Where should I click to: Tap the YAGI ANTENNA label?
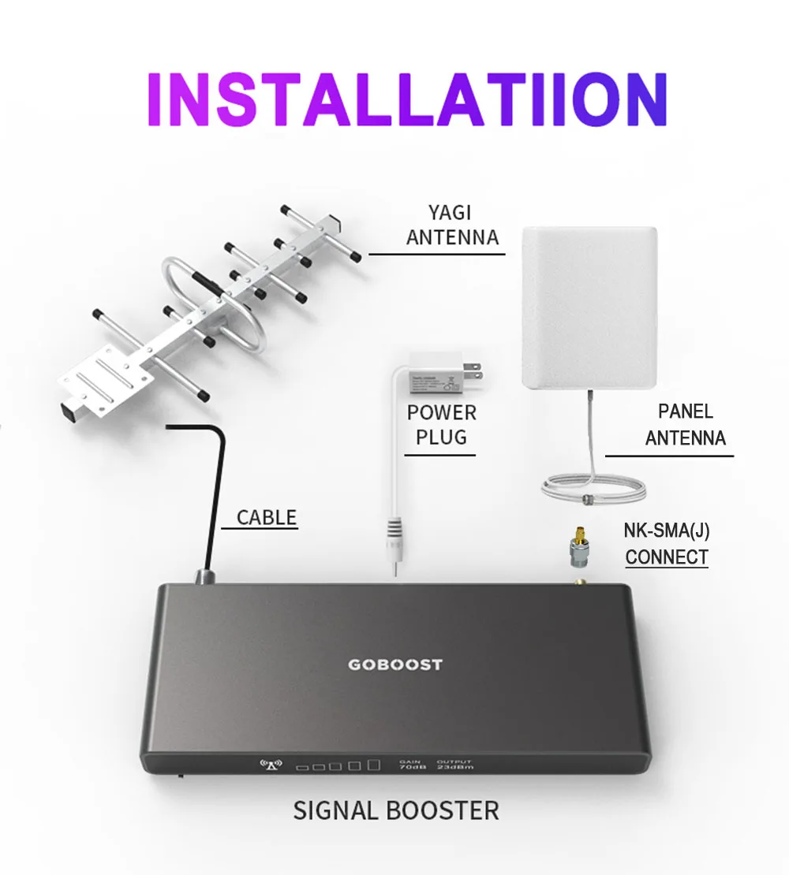(452, 225)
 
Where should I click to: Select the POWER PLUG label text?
(441, 424)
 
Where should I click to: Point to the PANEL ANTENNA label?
(685, 424)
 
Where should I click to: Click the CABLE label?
(267, 518)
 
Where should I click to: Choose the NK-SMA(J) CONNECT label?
(666, 544)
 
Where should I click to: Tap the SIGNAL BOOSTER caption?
(396, 810)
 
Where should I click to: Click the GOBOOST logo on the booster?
(395, 665)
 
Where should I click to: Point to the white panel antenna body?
(589, 307)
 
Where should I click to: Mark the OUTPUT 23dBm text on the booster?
(454, 764)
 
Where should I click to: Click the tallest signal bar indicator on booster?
(373, 764)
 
